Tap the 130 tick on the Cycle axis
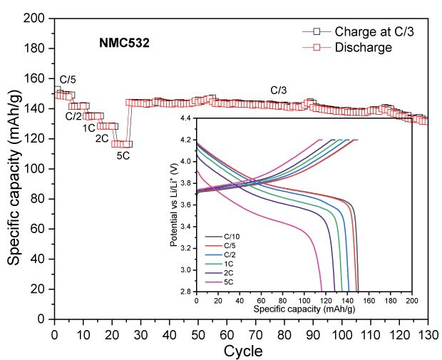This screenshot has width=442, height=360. coord(428,334)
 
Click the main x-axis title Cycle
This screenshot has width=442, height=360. coord(243,351)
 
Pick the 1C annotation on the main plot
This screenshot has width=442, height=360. coord(88,128)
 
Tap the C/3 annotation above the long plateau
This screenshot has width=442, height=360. coord(279,91)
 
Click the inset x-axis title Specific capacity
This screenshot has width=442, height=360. coord(304,309)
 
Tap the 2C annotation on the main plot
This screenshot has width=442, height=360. coord(102,138)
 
